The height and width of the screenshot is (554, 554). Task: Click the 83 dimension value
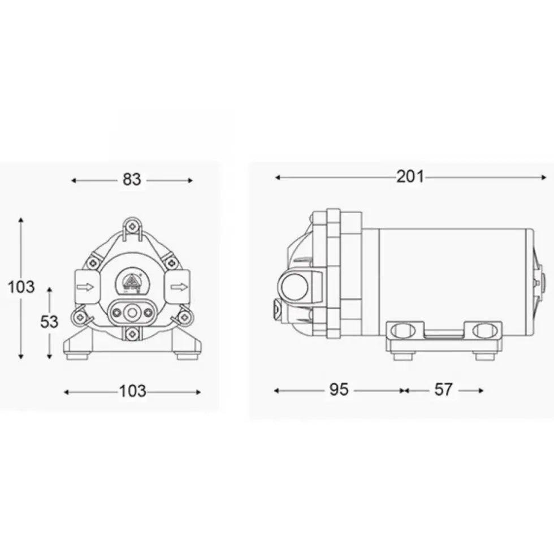point(132,180)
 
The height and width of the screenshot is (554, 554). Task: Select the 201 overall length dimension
point(410,176)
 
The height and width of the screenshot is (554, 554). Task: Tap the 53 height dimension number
point(49,322)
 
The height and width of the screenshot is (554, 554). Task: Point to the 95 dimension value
point(339,389)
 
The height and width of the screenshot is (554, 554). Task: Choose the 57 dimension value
point(443,389)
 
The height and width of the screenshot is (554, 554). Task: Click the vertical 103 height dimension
point(21,287)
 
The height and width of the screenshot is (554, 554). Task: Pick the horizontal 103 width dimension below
point(132,391)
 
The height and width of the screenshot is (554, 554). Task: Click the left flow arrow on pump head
point(85,287)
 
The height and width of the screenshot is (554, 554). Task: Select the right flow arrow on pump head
point(179,287)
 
